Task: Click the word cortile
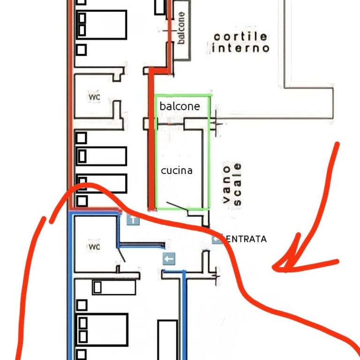point(240,37)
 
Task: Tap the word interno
point(240,48)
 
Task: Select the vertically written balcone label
point(181,28)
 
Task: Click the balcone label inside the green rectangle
point(180,106)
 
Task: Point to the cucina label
point(177,171)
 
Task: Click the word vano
point(226,185)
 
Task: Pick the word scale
point(237,184)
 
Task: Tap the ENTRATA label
point(246,239)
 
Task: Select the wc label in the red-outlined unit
point(94,97)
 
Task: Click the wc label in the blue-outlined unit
point(94,247)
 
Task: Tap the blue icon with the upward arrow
point(133,220)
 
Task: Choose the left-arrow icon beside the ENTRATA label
point(217,239)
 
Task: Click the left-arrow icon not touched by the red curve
point(169,259)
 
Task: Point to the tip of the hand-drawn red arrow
point(273,267)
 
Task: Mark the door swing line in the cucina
point(177,206)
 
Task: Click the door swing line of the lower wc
point(121,255)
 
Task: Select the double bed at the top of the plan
point(101,25)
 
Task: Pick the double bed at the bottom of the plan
point(102,330)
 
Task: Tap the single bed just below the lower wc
point(114,287)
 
